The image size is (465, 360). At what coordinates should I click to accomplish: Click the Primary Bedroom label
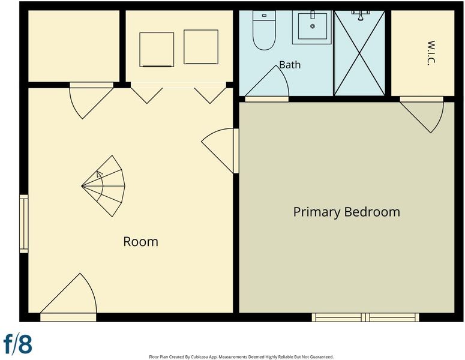(346, 212)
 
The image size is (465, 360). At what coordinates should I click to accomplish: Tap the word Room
(140, 242)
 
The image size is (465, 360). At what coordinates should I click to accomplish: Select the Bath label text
(290, 65)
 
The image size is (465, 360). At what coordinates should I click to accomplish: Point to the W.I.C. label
(431, 53)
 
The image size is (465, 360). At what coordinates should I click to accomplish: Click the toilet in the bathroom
(264, 30)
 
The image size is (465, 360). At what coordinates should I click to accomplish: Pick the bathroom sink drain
(312, 26)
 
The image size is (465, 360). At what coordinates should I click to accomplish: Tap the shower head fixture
(361, 16)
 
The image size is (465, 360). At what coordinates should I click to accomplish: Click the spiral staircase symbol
(103, 186)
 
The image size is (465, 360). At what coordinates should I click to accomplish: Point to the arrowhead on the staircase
(100, 174)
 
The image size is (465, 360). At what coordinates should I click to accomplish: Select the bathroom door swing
(266, 82)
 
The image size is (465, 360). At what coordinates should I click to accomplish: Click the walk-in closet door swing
(422, 116)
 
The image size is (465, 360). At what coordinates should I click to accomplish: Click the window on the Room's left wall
(24, 224)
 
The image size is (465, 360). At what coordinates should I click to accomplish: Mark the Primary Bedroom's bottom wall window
(365, 317)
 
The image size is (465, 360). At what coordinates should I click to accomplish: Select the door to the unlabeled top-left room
(91, 101)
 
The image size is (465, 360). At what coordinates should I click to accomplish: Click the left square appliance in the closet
(157, 50)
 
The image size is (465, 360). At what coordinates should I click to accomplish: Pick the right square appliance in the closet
(201, 47)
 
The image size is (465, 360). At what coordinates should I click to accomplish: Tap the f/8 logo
(18, 344)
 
